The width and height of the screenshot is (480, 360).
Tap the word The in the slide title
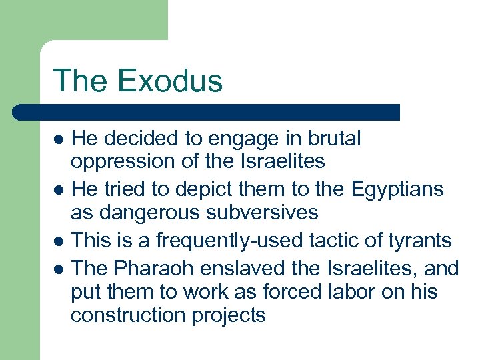coord(78,81)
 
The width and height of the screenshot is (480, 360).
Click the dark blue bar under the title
coord(207,112)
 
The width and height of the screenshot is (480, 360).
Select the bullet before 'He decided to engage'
coord(59,140)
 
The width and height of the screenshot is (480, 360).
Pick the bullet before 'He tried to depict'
coord(59,190)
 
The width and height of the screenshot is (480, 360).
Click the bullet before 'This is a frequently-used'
coord(59,240)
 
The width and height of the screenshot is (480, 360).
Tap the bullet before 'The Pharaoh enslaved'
coord(59,269)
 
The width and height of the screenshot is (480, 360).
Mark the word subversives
coord(267,213)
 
